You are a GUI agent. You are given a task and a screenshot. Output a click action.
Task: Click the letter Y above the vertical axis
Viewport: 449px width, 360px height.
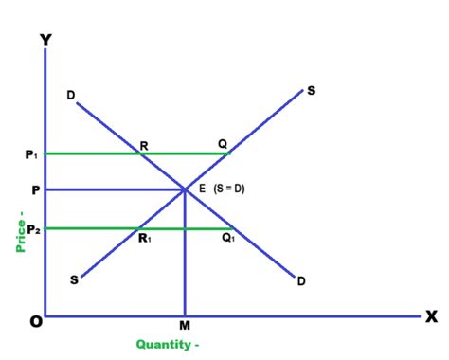[45, 41]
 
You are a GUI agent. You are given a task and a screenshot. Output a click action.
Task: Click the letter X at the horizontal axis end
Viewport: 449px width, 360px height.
[431, 316]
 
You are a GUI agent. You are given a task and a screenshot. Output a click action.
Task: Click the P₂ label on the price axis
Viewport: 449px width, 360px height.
[31, 228]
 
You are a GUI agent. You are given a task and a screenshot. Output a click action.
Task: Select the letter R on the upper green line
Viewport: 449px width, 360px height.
[143, 145]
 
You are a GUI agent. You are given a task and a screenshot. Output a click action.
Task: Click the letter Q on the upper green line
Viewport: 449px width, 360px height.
[223, 144]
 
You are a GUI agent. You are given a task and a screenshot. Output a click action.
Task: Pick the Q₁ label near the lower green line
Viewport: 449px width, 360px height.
[228, 238]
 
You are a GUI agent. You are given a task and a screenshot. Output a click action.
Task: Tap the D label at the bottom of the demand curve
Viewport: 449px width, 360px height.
[300, 281]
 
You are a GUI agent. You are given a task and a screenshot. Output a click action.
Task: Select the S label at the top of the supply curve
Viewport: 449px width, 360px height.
[311, 91]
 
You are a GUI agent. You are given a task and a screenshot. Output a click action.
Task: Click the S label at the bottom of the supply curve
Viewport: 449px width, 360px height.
[73, 281]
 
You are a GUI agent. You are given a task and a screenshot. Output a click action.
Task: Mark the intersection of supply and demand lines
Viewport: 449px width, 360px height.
[184, 189]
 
